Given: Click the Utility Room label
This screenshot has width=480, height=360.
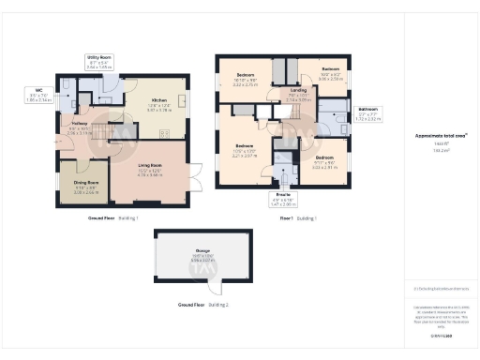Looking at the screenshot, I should coord(98,57).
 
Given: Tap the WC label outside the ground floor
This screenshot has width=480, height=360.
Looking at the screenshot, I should coord(39,90).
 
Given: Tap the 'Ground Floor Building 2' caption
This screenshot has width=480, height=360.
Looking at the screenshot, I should coord(203,306).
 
